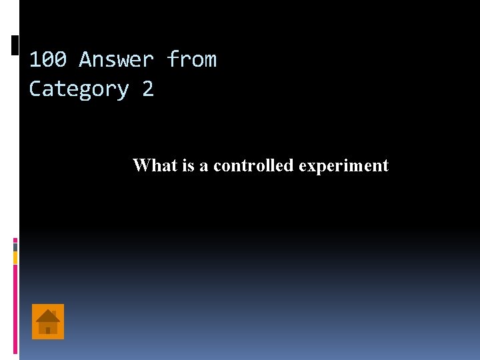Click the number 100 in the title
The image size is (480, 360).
coord(47,60)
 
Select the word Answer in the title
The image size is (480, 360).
coord(116,60)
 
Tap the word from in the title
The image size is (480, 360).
coord(191,60)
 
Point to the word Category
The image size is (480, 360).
coord(79,89)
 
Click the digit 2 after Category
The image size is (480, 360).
coord(147,89)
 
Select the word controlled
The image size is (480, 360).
coord(253,165)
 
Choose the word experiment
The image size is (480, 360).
coord(343,166)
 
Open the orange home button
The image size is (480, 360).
coord(48,321)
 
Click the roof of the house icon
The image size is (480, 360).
coord(48,315)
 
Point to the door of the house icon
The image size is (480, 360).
coord(48,330)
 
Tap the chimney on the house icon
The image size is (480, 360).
coord(54,313)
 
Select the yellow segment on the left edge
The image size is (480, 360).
coord(15,257)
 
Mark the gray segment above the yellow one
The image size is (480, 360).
coord(15,247)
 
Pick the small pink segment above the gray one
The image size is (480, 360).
coord(15,239)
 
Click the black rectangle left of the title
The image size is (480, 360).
coord(15,45)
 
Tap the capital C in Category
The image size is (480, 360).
coord(35,89)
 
